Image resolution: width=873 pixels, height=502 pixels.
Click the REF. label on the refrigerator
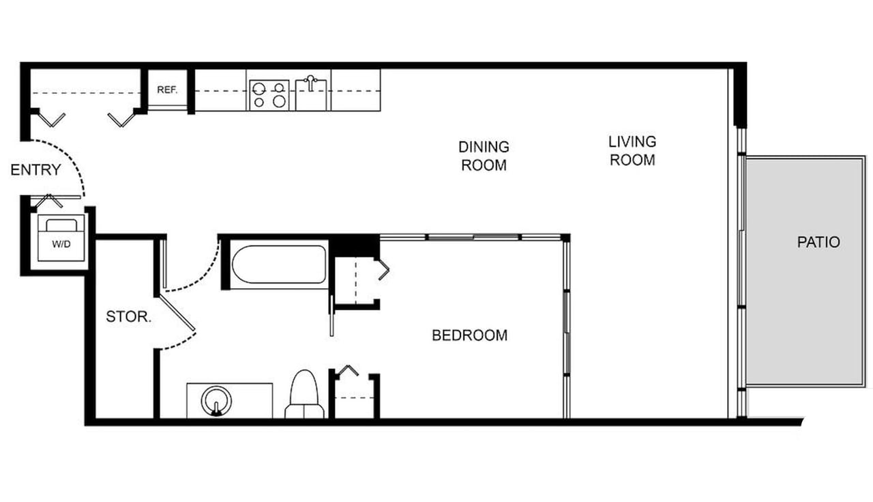coord(167,89)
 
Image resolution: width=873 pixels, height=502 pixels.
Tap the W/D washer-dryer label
coord(61,245)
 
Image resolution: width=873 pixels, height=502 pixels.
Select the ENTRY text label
coord(35,170)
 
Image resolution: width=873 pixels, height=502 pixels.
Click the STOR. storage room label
coord(129,316)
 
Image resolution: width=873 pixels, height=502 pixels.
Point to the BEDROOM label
coord(470,335)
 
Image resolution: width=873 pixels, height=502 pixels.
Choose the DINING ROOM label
coord(484,156)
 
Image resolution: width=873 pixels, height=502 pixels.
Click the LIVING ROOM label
coord(632,151)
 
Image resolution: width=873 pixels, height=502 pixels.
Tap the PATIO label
coord(818,242)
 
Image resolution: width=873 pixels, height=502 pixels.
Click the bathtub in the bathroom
coord(279,264)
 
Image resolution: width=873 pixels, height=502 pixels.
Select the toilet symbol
coord(304,394)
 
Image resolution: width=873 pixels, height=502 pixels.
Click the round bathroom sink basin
coord(216,401)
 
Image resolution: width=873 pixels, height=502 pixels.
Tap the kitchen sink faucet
coord(310,83)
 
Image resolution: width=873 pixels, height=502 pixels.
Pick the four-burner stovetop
coord(269,95)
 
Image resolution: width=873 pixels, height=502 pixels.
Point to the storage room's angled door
coord(177,312)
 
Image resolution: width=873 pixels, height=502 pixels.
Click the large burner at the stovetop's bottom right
coord(279,102)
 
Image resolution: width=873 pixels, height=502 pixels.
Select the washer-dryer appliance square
coord(61,238)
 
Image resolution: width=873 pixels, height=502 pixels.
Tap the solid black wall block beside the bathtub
coord(354,246)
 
